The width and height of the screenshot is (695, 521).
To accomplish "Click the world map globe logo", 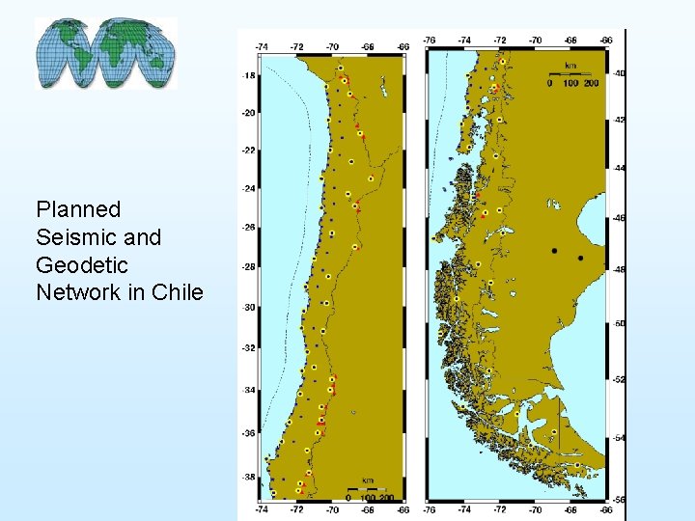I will point(106,53).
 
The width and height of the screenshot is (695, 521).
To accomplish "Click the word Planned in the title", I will point(78,209).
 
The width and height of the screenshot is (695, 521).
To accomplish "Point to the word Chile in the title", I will point(178,291).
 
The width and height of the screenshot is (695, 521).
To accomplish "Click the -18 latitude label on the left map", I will point(248,75).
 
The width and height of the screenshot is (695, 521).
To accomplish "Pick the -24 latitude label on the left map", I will point(248,189).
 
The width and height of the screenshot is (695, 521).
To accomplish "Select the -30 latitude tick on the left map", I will point(248,308).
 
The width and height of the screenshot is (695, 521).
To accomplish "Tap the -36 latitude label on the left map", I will point(248,433).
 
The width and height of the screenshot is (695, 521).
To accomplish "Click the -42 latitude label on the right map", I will point(619,120).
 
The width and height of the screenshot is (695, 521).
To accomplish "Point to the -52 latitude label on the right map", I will point(619,379).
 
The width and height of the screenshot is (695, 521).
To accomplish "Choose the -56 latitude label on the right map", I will point(619,500).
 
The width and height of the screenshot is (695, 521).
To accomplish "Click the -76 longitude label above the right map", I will point(430,41).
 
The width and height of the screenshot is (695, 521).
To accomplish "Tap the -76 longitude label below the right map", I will point(430,508).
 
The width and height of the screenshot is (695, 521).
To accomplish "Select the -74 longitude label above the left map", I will point(262,45).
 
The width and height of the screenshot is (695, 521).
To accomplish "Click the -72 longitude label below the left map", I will point(296,508).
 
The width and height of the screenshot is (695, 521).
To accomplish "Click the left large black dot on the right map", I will point(554,251).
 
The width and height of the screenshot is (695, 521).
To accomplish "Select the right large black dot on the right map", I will point(580,258).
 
